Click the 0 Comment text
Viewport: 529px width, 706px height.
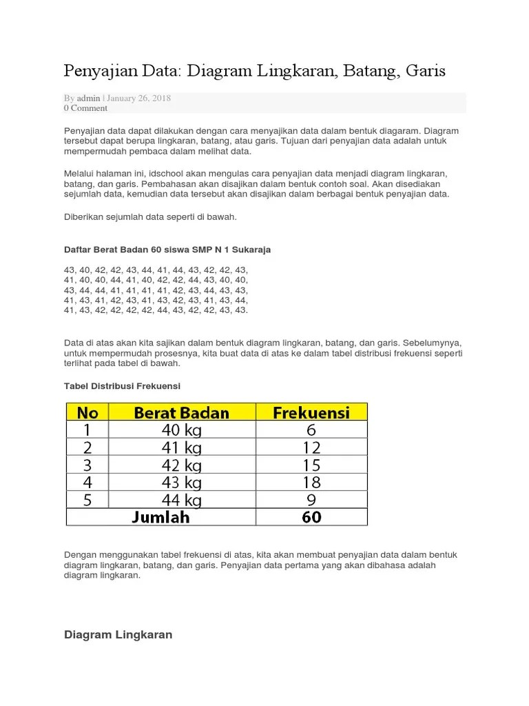(x=85, y=108)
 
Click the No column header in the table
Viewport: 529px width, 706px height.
(x=87, y=412)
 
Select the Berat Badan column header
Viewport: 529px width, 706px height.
(x=182, y=412)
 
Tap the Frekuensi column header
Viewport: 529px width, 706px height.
(x=311, y=412)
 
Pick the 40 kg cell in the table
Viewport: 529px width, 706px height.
(x=182, y=429)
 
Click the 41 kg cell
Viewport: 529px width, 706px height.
(x=182, y=447)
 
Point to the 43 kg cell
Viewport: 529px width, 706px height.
(x=182, y=482)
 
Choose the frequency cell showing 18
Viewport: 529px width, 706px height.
(x=311, y=482)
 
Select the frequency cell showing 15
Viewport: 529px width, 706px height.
(x=311, y=464)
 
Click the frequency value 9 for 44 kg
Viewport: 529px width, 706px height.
(x=311, y=499)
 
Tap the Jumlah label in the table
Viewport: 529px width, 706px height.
(x=160, y=516)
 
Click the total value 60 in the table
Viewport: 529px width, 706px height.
(x=311, y=516)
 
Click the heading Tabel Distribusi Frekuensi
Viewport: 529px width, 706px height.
(x=122, y=386)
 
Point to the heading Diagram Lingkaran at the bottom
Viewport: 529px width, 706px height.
(x=118, y=635)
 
